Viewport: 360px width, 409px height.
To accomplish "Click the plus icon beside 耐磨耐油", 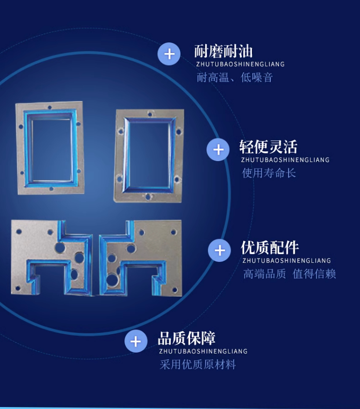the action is coord(169,54).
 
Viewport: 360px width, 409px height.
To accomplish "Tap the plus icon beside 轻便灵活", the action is coord(218,150).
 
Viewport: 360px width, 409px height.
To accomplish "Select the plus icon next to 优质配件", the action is coord(220,250).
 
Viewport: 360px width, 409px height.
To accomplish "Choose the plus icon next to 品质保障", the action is coord(136,341).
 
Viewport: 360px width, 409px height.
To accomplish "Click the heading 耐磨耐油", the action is coord(223,51).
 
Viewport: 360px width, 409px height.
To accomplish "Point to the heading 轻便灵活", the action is coord(268,147).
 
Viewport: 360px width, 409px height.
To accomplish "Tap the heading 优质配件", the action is coord(270,247).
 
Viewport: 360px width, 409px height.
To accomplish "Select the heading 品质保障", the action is coord(187,338).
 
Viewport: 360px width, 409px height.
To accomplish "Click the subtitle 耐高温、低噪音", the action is coord(235,77).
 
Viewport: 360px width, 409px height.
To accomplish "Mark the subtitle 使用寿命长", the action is coord(269,173).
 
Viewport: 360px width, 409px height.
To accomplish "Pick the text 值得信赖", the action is coord(314,274).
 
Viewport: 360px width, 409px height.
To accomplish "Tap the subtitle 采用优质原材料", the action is coord(198,365).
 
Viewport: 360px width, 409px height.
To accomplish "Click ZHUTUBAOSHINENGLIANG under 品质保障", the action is coord(203,352).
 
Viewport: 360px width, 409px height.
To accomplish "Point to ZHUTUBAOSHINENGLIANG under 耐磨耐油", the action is coord(240,64).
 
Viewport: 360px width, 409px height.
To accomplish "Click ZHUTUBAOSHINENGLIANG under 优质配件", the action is coord(287,261).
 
